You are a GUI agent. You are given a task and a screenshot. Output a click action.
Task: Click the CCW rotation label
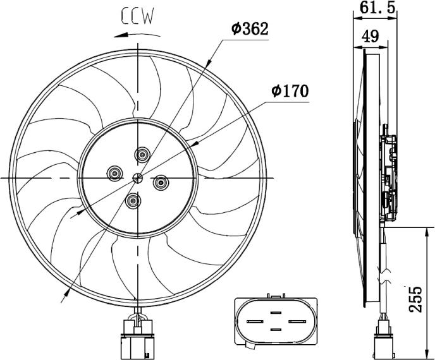point(139,16)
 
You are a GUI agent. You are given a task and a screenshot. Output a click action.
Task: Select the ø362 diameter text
point(250,29)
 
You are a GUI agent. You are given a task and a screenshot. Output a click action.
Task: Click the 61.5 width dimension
point(377,8)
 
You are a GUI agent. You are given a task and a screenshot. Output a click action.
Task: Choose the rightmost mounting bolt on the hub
point(161,183)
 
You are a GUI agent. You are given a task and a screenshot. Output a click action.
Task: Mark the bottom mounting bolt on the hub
point(133,201)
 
